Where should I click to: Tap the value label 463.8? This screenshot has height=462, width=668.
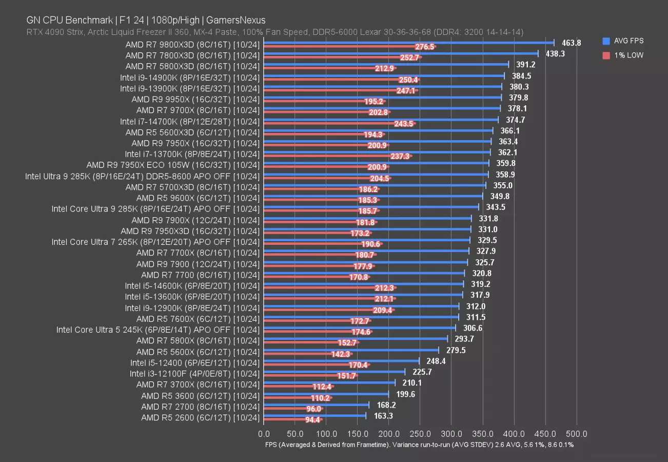click(571, 43)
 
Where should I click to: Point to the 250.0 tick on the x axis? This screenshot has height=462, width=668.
click(420, 434)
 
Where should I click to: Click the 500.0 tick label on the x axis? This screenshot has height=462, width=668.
click(577, 434)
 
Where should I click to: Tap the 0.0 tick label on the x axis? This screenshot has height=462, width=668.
click(264, 434)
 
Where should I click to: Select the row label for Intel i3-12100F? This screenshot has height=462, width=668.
click(195, 374)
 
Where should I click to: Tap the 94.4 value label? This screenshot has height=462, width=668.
click(312, 420)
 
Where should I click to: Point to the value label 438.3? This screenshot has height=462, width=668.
click(555, 53)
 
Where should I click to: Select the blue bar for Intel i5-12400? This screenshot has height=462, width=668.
click(341, 361)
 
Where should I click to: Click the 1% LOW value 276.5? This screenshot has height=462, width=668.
click(424, 47)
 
